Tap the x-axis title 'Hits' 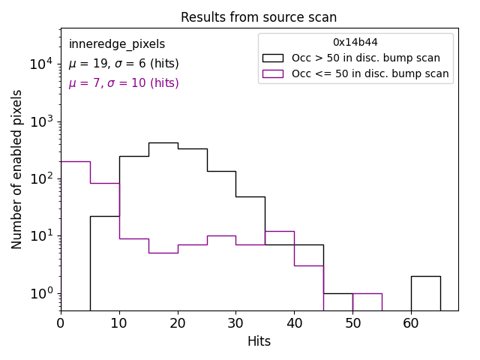pos(259,341)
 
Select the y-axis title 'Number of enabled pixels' pos(17,169)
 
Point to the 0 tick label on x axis pos(61,323)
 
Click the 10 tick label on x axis pos(119,323)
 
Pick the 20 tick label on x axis pos(178,323)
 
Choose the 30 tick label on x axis pos(235,323)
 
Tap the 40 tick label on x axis pos(294,323)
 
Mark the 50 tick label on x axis pos(352,323)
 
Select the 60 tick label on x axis pos(411,323)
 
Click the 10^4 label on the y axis pos(41,64)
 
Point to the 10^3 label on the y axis pos(41,121)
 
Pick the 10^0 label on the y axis pos(41,293)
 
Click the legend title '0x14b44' pos(355,43)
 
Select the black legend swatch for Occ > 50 pos(273,58)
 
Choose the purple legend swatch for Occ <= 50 pos(273,73)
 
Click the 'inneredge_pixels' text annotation pos(117,44)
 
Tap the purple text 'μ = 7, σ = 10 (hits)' pos(124,83)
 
